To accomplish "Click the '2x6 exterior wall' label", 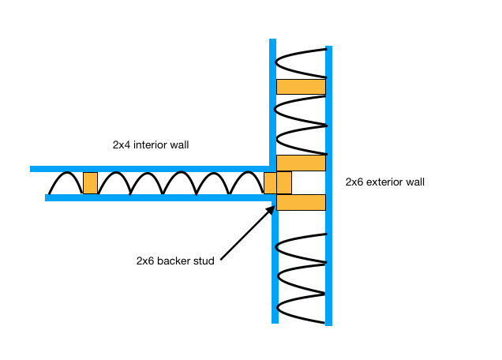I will tap(385, 182).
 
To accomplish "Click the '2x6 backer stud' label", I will tap(175, 261).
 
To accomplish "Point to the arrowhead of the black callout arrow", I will tap(272, 208).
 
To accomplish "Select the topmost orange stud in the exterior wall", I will tap(301, 87).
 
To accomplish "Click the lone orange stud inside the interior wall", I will tap(90, 182).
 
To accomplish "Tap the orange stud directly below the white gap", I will tap(301, 202).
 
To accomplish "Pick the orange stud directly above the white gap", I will tap(301, 163).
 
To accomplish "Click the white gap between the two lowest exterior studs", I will tap(309, 182).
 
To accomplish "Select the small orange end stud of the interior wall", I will tap(270, 182).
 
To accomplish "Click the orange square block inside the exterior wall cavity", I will tap(284, 182).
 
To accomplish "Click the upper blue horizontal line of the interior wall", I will tap(150, 169).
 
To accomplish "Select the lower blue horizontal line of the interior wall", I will tap(158, 198).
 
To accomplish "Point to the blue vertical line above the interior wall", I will tap(272, 103).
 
